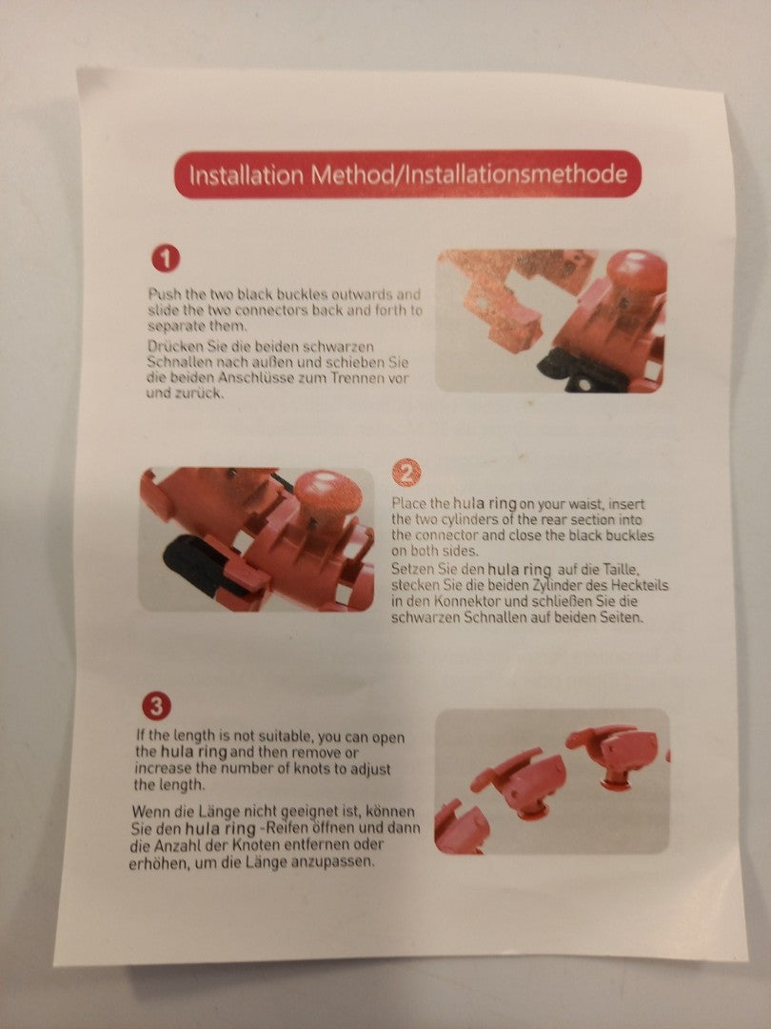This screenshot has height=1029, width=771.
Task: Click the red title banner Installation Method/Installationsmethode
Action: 407,174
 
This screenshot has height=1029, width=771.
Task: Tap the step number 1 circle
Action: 166,259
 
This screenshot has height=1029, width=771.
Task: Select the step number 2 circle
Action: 406,473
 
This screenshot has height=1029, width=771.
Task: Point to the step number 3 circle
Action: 156,707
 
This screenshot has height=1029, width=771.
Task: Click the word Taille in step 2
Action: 619,569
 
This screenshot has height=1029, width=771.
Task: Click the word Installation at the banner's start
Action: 247,175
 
